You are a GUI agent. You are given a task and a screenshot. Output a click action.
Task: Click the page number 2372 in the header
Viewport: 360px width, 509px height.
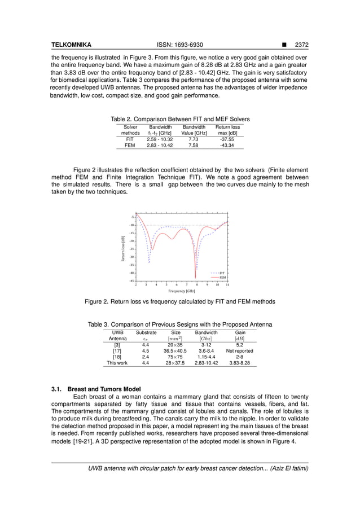point(309,44)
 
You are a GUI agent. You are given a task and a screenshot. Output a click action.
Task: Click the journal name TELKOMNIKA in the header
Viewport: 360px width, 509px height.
point(71,44)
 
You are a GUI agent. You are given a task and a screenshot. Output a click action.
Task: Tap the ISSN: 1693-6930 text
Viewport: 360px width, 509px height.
point(179,44)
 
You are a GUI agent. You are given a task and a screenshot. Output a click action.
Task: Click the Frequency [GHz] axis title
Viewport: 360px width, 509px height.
point(182,291)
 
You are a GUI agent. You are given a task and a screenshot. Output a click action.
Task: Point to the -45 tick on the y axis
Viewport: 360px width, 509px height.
point(131,280)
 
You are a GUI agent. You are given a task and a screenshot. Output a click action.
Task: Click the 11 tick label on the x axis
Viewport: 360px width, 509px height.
point(227,285)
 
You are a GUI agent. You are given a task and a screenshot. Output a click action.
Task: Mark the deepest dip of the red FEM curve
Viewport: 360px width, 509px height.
point(196,278)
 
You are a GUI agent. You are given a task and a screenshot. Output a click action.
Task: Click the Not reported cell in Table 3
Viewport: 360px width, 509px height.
point(239,351)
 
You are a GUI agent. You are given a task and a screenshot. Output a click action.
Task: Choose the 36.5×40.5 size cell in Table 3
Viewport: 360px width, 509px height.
point(175,351)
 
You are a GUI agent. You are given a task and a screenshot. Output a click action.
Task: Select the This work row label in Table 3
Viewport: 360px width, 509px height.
point(117,363)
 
